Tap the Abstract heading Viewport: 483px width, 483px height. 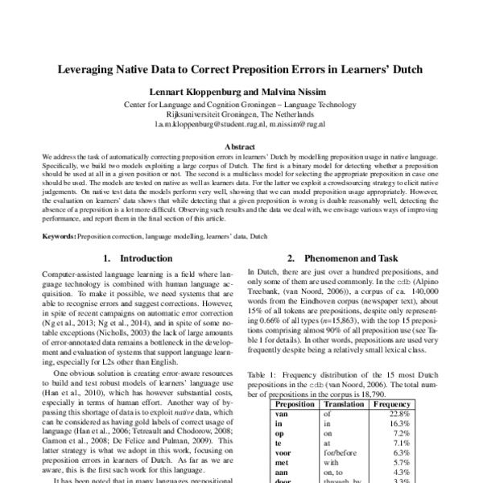coord(241,147)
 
